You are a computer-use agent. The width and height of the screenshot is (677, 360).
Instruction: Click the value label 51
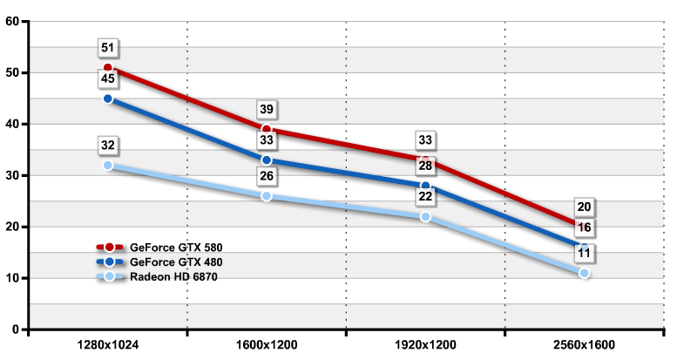pos(108,48)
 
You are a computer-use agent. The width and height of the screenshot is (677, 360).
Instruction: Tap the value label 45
pos(108,79)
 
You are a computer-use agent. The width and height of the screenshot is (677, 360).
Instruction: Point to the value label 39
pos(267,109)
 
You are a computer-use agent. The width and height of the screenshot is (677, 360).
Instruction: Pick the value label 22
pos(426,196)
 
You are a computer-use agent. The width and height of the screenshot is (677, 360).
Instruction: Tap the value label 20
pos(585,207)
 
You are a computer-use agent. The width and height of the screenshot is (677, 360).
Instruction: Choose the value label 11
pos(585,254)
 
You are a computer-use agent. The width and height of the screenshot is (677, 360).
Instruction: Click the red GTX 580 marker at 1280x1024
pos(108,68)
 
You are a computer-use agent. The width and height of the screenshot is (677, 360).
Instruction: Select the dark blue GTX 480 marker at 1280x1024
pos(108,99)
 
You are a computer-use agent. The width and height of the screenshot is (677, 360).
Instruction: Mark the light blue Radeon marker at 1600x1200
pos(267,196)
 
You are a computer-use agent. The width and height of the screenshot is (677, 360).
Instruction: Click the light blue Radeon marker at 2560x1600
pos(585,274)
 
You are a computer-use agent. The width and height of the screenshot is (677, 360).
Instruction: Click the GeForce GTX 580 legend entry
pos(166,247)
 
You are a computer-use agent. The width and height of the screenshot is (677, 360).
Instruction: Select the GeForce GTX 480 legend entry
pos(166,262)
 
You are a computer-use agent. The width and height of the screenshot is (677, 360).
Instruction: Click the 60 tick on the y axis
pos(13,21)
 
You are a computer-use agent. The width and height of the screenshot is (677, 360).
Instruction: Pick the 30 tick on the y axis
pos(13,175)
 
